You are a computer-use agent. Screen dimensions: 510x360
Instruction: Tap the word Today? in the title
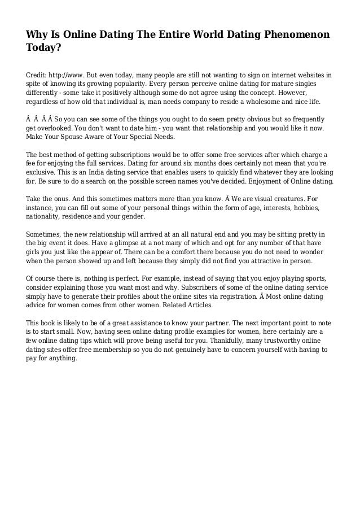coord(45,49)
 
